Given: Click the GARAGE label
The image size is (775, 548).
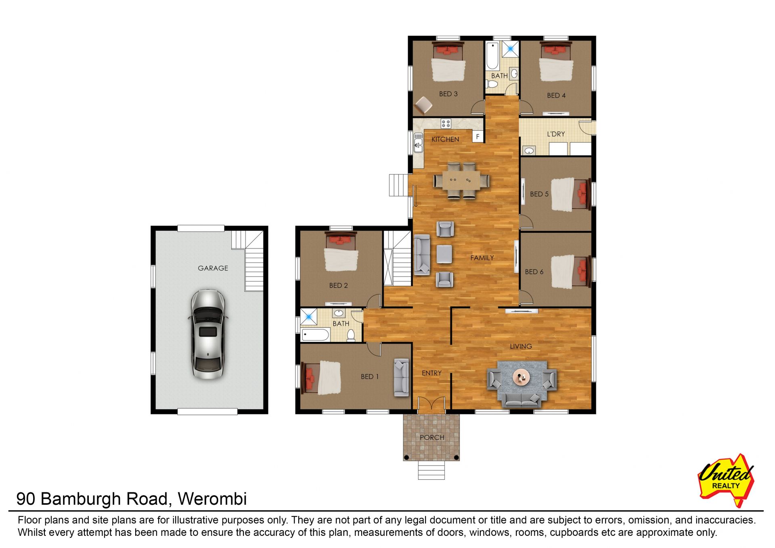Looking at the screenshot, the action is [213, 268].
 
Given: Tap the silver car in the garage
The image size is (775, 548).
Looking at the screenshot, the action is [207, 334].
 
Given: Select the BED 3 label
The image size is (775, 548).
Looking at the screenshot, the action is [448, 94].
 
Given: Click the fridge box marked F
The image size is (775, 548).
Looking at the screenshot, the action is [478, 136].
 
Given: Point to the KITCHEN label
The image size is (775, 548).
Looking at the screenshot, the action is [445, 139].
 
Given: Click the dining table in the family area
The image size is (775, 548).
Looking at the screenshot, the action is [461, 180].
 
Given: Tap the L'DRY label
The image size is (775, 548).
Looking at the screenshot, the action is [556, 134].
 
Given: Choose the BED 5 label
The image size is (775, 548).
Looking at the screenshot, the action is [539, 194].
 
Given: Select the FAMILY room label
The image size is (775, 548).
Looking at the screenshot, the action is [482, 258].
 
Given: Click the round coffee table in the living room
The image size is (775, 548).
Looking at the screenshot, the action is [521, 377].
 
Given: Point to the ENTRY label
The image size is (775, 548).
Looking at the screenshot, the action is [431, 373].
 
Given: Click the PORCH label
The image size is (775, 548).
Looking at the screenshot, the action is [432, 437].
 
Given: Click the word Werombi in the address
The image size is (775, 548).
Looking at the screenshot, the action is [212, 499].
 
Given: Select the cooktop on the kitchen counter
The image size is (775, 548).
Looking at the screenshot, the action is [446, 123].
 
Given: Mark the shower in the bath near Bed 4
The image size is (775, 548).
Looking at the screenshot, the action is [511, 49].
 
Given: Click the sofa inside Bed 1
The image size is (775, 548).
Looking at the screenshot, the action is [401, 377].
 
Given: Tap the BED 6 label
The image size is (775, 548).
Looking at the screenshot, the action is [534, 272].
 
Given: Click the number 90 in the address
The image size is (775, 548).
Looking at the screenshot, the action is [26, 499].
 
